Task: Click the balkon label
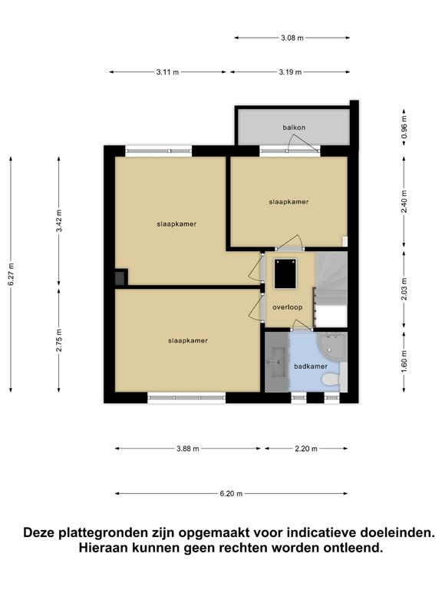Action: click(x=294, y=128)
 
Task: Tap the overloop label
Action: click(x=288, y=307)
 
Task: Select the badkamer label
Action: click(x=311, y=366)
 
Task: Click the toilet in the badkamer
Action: click(x=331, y=380)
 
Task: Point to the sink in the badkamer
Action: click(x=276, y=362)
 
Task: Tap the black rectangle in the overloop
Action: click(x=285, y=273)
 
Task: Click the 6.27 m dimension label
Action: click(x=11, y=274)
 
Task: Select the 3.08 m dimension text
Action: click(x=292, y=38)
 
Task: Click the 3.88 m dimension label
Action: click(x=188, y=449)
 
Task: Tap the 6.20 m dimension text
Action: click(x=231, y=494)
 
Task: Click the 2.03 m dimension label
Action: click(x=404, y=289)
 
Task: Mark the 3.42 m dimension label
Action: click(x=59, y=221)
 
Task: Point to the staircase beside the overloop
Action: click(x=331, y=289)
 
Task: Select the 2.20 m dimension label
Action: click(x=306, y=449)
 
